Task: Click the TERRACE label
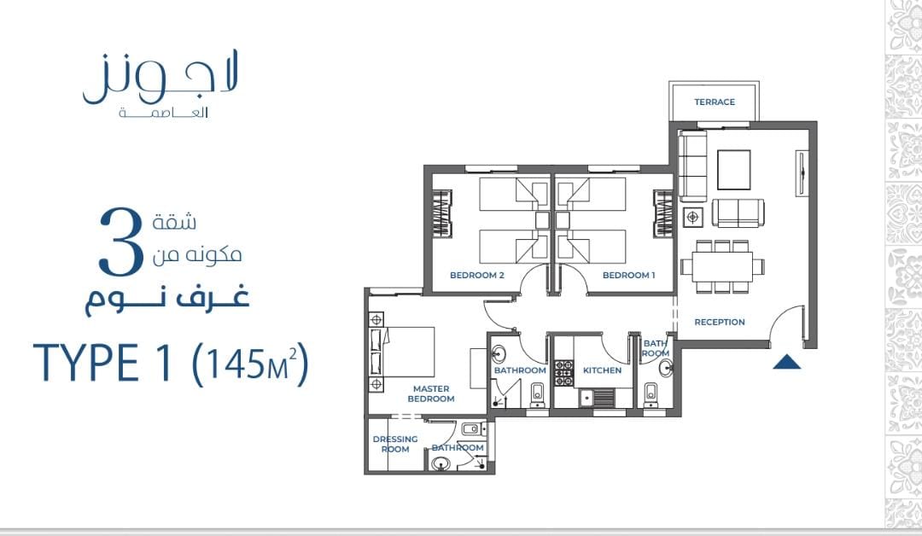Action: pos(715,102)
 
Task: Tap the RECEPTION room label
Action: pos(719,322)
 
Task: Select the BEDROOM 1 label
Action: pos(628,275)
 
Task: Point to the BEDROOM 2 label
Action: pos(477,275)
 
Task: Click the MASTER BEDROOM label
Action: pos(431,393)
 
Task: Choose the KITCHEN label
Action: pos(602,370)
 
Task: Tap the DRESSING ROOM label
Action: pos(395,444)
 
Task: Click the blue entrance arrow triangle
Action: pos(787,362)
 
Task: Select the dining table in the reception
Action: pos(722,266)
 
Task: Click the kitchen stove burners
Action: pos(564,373)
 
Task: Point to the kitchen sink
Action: pos(596,398)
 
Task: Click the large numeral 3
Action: pos(121,242)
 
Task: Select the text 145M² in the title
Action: pos(250,364)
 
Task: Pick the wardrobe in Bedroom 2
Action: pos(442,213)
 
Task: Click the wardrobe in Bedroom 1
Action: pos(662,213)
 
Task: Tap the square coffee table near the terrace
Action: pos(734,170)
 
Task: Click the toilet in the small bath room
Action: pos(651,394)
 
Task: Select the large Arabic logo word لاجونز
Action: pos(160,78)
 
